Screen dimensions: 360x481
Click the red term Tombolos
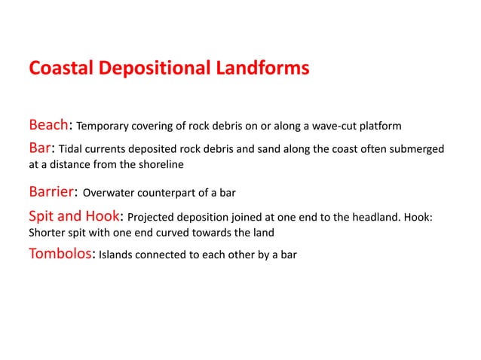pyautogui.click(x=60, y=253)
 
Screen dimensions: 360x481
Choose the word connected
pyautogui.click(x=167, y=255)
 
